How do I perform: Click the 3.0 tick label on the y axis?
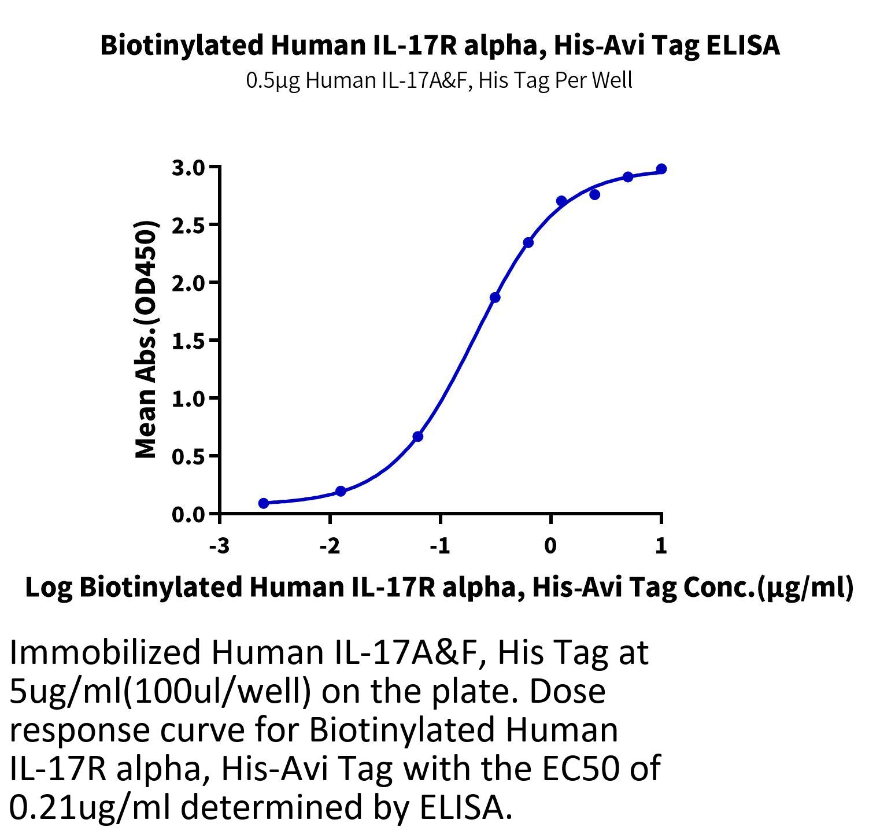[x=188, y=168]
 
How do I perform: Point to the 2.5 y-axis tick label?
[x=188, y=225]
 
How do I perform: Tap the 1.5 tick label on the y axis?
[x=188, y=341]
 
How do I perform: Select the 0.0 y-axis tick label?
[x=188, y=514]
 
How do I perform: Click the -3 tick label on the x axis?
[x=220, y=545]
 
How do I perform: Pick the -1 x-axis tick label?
[x=440, y=545]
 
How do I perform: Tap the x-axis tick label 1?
[x=661, y=545]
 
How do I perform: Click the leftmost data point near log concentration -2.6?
[x=264, y=503]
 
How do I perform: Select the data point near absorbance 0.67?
[x=418, y=437]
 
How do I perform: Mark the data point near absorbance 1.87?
[x=495, y=298]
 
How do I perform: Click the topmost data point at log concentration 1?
[x=661, y=169]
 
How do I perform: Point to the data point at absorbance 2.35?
[x=528, y=243]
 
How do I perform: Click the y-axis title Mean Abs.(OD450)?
[x=146, y=339]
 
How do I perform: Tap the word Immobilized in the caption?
[x=106, y=652]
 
